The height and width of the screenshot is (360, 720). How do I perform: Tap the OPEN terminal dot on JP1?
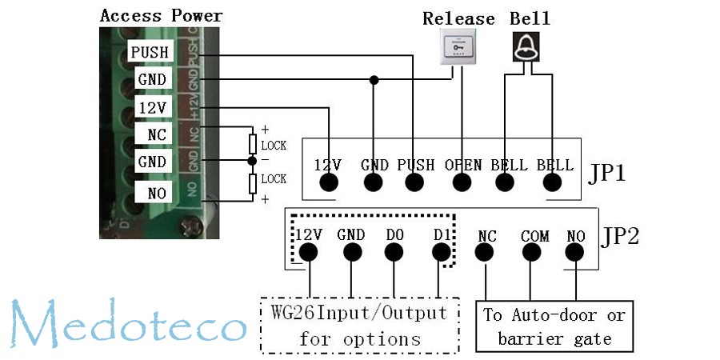[x=462, y=182]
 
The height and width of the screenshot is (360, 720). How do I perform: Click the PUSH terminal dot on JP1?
[x=414, y=182]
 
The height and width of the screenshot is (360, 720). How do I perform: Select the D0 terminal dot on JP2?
[x=394, y=253]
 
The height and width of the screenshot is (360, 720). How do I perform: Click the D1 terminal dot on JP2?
[x=441, y=253]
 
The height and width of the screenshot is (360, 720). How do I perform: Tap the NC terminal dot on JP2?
[x=486, y=253]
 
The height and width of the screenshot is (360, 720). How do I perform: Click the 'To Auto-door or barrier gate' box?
[x=554, y=326]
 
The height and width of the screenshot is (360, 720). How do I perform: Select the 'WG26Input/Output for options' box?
[x=360, y=326]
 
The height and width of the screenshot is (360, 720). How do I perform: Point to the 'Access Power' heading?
[x=161, y=15]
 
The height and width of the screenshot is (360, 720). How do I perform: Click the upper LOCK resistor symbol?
[x=253, y=144]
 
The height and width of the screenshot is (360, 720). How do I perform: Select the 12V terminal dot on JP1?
[x=328, y=182]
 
